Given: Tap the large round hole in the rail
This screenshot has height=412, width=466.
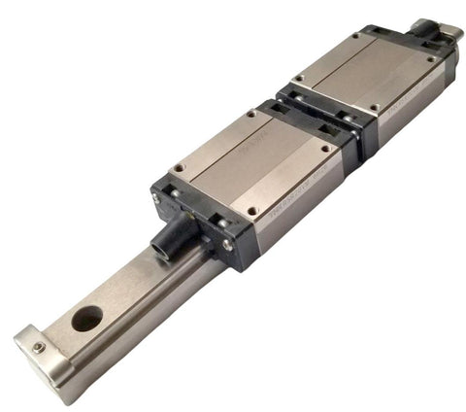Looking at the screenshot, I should pyautogui.click(x=87, y=317).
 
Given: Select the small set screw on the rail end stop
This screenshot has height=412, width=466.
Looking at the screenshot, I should pyautogui.click(x=39, y=347).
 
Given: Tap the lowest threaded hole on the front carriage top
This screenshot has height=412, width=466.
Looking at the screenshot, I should pyautogui.click(x=252, y=210).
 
